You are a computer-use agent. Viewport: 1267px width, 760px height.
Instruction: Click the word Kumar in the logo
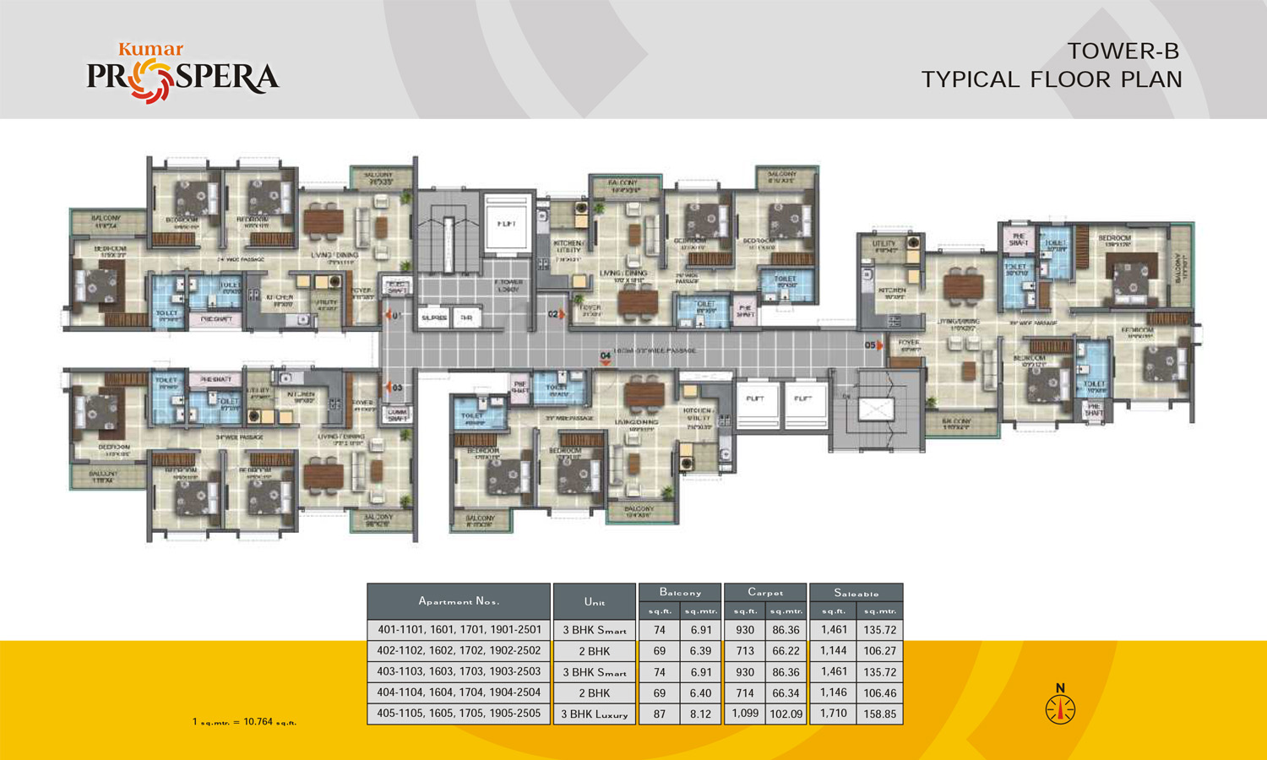pos(150,50)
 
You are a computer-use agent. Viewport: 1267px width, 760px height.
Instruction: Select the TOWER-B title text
pos(1123,52)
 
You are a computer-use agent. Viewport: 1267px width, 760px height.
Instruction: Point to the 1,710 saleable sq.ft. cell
pos(833,714)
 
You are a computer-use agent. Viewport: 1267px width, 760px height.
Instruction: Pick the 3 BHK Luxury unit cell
pos(595,714)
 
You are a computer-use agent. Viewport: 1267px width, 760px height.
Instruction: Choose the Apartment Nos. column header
pos(459,601)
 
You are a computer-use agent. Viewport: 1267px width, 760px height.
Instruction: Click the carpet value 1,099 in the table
pos(745,714)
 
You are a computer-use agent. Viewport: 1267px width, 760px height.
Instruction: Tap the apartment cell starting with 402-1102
pos(459,651)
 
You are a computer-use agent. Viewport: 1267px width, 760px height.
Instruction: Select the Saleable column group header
pos(856,593)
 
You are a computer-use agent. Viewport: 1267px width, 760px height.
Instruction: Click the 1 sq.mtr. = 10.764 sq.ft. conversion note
pos(244,722)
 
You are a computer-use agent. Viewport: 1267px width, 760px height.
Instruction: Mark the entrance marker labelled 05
pos(873,345)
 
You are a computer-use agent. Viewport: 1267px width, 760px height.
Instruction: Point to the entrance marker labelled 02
pos(557,314)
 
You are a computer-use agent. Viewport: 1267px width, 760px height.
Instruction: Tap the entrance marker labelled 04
pos(605,358)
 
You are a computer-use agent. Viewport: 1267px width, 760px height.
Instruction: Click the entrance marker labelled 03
pos(394,388)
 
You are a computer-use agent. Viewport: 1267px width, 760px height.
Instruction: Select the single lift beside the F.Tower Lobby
pos(507,224)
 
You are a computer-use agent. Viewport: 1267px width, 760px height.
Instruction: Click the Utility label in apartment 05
pos(884,244)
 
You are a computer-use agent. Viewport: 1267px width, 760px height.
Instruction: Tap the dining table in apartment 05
pos(965,288)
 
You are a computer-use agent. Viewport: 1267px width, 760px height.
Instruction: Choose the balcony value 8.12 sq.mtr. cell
pos(701,714)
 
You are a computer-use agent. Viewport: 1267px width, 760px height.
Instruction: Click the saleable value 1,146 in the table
pos(833,692)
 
